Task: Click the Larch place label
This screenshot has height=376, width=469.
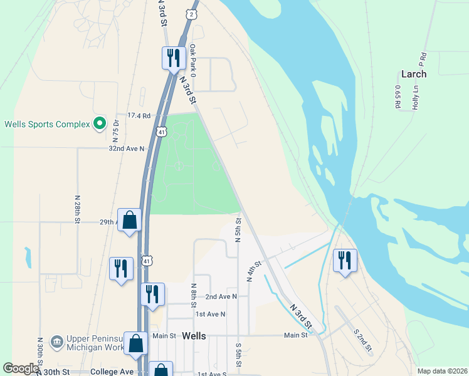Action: [x=413, y=74]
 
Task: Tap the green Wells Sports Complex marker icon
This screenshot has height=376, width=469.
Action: [x=99, y=123]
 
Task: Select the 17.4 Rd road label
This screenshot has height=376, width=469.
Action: [x=139, y=115]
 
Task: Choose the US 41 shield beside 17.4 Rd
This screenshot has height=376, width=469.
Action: [x=161, y=132]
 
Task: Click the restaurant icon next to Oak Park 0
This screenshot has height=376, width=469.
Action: [x=172, y=58]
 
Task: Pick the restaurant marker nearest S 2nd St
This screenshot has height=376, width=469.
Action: [x=345, y=260]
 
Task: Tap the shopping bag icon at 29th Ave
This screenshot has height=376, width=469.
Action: [x=130, y=220]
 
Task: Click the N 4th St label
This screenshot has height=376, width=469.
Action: [x=253, y=271]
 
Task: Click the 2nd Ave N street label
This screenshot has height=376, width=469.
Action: [x=221, y=296]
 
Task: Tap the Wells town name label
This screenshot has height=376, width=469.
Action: [x=194, y=336]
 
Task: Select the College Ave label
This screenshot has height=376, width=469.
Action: [x=113, y=372]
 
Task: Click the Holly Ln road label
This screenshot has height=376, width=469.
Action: [x=414, y=98]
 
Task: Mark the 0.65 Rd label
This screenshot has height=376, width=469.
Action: [x=398, y=98]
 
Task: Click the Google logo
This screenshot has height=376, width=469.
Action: [x=21, y=368]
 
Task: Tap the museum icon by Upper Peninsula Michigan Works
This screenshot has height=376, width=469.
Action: [x=56, y=342]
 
